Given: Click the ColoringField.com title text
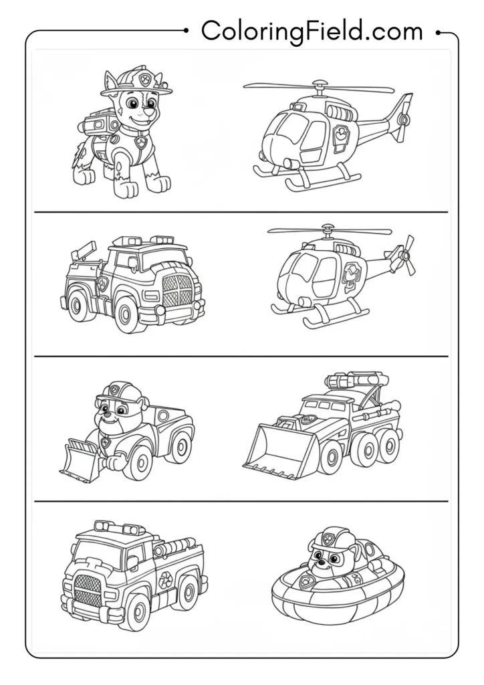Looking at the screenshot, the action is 312,31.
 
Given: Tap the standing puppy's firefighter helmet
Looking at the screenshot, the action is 136,82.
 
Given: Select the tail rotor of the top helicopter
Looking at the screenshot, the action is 404,118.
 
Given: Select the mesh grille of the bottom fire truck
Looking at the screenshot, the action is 89,590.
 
